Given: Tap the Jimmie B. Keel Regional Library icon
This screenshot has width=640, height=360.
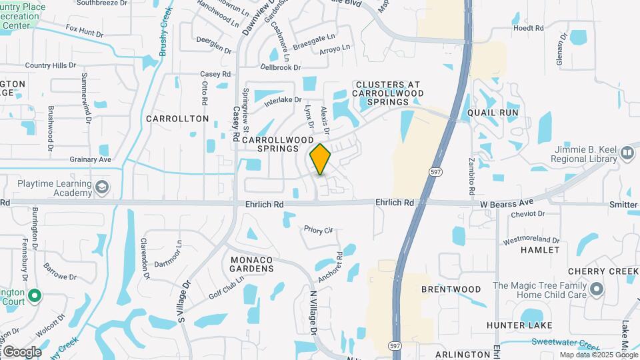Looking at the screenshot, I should click(627, 153).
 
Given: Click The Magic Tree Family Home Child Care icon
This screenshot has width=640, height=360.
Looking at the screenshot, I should click(597, 290).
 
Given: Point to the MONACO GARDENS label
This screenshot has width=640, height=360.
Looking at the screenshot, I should click(252, 263).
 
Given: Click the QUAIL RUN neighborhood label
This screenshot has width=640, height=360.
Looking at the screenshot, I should click(493, 113).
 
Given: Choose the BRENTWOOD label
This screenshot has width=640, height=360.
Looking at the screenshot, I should click(451, 289).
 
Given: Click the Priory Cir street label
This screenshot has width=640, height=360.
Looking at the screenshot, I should click(318, 230).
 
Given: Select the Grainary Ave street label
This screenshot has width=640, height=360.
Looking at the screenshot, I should click(90, 160).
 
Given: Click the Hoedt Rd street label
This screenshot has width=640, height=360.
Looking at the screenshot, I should click(529, 28).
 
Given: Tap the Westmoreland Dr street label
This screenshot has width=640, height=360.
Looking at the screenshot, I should click(530, 239).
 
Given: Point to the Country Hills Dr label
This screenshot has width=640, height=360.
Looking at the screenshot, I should click(51, 65).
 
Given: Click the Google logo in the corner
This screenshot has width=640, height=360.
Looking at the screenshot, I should click(21, 351).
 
